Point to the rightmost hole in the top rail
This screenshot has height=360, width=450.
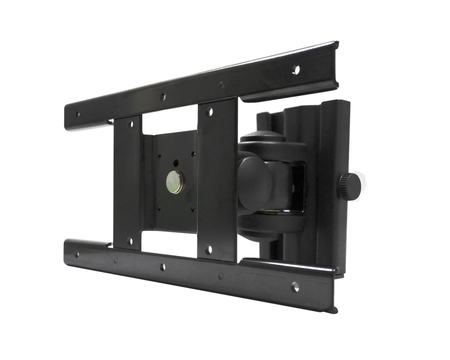(x=297, y=69)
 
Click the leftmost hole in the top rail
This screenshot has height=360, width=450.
(x=78, y=114)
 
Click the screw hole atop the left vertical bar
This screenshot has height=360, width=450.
(x=130, y=124)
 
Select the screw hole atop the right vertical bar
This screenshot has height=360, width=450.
(x=210, y=112)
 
